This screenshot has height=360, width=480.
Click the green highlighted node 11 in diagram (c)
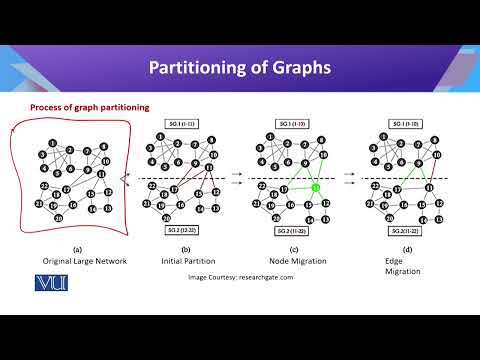click(x=316, y=186)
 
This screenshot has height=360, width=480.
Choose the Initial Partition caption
click(x=179, y=259)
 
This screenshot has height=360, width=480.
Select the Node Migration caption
click(x=289, y=259)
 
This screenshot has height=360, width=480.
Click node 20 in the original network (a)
click(x=59, y=218)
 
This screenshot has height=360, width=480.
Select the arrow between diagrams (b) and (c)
click(x=237, y=173)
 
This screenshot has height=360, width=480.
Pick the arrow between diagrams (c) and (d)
click(x=349, y=173)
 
